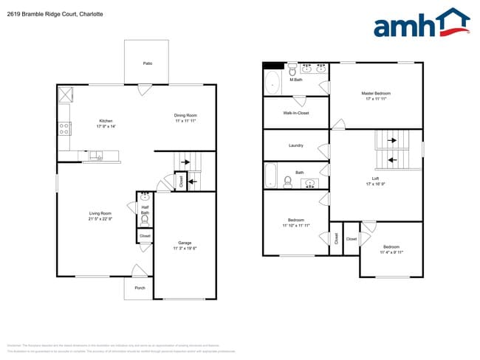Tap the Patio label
pyautogui.click(x=147, y=63)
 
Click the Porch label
pyautogui.click(x=139, y=288)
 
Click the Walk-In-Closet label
pyautogui.click(x=295, y=113)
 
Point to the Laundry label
pyautogui.click(x=295, y=145)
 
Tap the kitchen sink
pyautogui.click(x=97, y=156)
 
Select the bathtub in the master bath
pyautogui.click(x=272, y=83)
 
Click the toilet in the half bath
pyautogui.click(x=145, y=220)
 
